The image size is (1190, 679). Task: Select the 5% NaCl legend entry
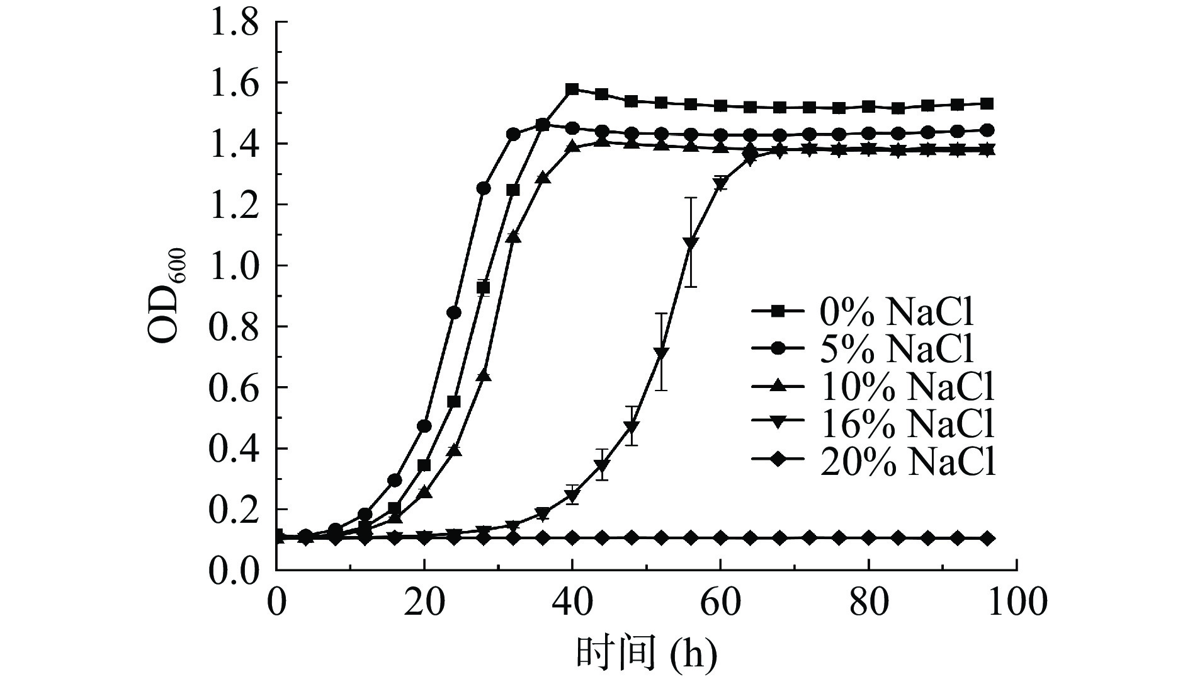(863, 350)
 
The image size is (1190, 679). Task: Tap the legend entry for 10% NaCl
(872, 388)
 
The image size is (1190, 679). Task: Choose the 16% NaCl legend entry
(872, 426)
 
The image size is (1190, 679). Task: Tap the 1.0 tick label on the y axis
(234, 266)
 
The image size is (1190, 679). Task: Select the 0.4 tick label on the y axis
(234, 449)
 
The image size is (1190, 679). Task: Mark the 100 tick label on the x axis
(1016, 603)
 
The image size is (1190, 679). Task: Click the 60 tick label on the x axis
(720, 603)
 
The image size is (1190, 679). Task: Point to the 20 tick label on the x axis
(424, 603)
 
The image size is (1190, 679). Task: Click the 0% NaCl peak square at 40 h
(572, 89)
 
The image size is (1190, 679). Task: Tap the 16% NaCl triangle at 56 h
(691, 243)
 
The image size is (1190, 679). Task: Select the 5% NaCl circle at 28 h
(484, 188)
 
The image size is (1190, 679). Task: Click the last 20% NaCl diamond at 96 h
(987, 539)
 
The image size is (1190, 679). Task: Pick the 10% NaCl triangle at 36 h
(543, 178)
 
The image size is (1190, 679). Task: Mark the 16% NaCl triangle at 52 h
(661, 352)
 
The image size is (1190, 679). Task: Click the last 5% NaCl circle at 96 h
(987, 130)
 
